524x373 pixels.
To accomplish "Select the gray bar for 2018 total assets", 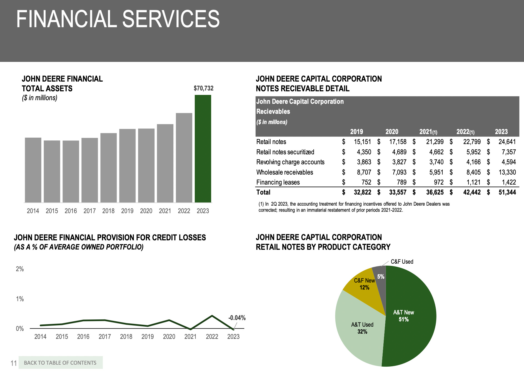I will click(x=108, y=168).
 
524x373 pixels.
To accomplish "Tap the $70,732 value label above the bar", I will click(x=203, y=88).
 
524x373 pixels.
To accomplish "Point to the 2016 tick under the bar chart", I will click(x=71, y=211).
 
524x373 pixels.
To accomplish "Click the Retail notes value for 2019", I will click(x=362, y=142).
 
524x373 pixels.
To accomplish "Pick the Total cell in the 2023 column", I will click(x=507, y=192).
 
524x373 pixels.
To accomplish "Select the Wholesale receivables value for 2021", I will click(x=436, y=172).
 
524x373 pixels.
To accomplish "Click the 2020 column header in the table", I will click(x=392, y=132).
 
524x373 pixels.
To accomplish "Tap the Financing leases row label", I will click(x=278, y=182).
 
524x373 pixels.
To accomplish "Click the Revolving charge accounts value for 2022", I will click(x=473, y=162).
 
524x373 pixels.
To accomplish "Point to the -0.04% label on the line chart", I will click(x=237, y=318).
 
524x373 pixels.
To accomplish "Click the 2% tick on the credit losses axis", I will click(x=20, y=269).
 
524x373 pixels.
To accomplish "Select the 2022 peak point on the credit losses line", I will click(x=212, y=316).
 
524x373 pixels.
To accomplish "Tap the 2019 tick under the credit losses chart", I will click(x=148, y=337).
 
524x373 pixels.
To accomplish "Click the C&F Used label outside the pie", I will click(x=402, y=262).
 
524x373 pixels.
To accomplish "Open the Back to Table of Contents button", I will click(x=61, y=363).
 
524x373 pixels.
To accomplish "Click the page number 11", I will click(x=14, y=363).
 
